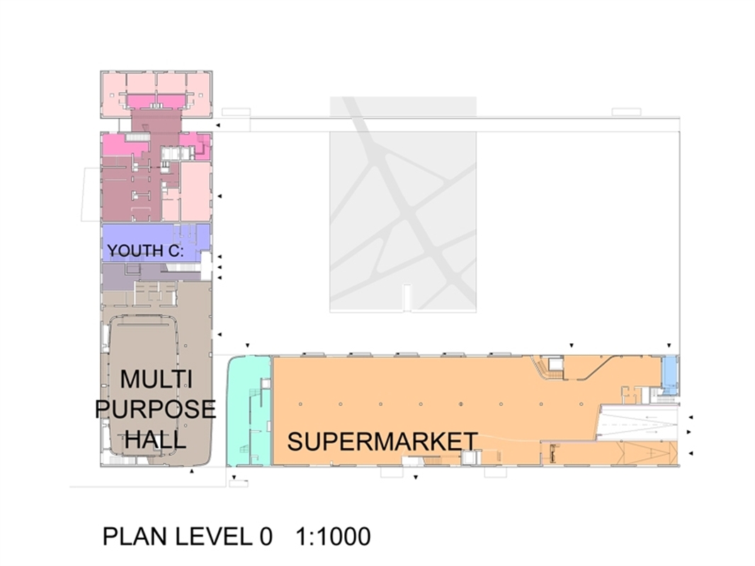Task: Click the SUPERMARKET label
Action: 382,441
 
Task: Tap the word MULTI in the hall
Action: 156,379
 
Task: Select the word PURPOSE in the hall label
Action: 156,409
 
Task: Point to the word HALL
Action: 156,439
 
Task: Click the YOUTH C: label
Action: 145,250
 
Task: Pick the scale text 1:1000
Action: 333,537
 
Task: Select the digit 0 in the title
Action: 266,537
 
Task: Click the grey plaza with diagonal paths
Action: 403,204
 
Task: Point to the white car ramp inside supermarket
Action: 638,422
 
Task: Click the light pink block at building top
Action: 156,94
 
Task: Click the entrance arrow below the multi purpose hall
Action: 192,471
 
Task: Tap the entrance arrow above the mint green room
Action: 247,345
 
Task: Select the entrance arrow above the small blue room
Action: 669,345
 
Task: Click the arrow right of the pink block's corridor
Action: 217,125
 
